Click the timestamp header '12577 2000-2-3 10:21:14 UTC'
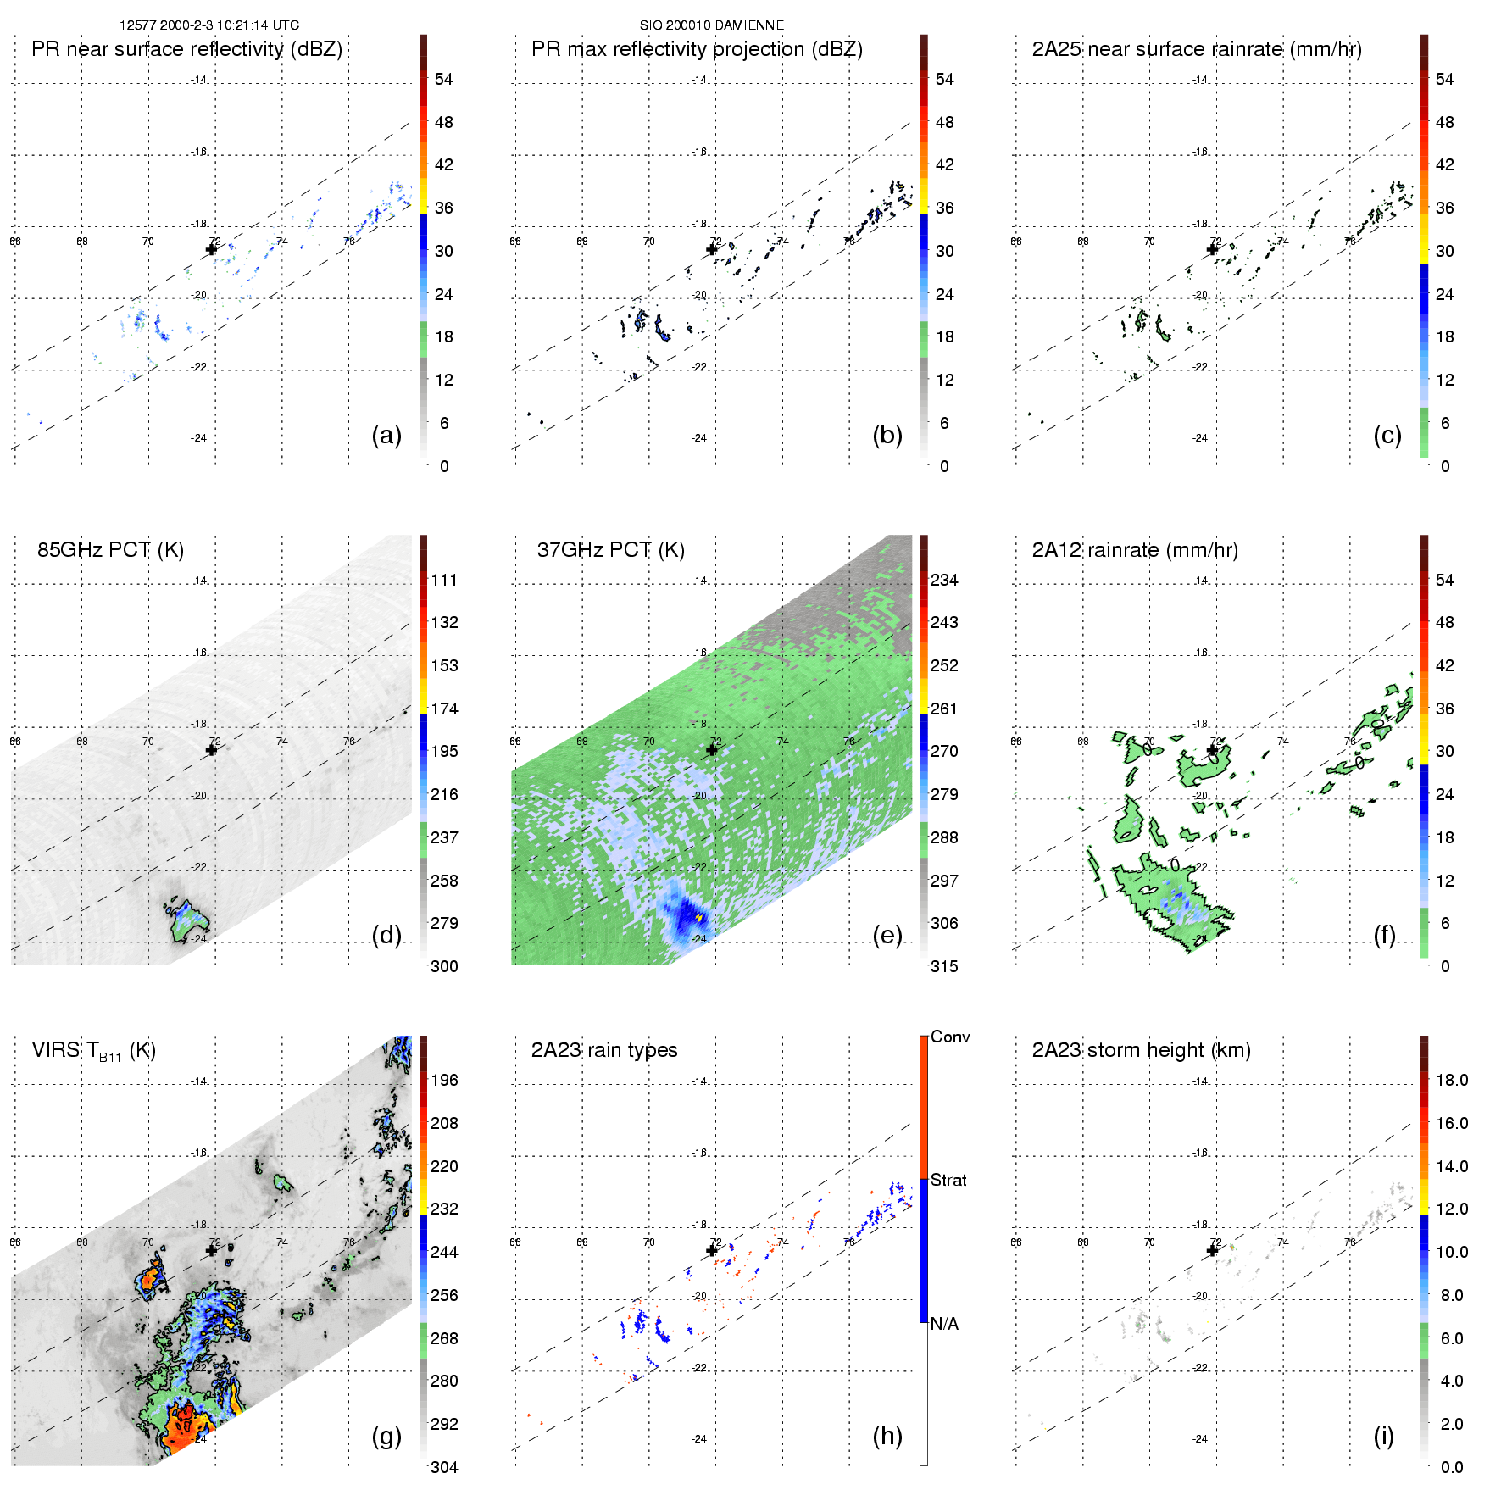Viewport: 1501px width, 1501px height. click(x=208, y=25)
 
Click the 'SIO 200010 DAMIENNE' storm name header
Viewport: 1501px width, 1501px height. click(x=711, y=25)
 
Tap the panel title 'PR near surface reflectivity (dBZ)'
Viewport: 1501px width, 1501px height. click(x=186, y=49)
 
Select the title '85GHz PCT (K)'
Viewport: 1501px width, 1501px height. click(x=110, y=550)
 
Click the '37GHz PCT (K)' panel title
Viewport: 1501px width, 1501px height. click(x=610, y=550)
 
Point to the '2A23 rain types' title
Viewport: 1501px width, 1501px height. click(x=603, y=1050)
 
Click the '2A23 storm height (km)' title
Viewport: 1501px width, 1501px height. click(x=1141, y=1050)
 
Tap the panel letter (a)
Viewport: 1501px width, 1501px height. click(x=386, y=435)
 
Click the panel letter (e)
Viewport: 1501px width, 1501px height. click(x=887, y=935)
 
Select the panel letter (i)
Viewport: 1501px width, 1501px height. click(x=1383, y=1436)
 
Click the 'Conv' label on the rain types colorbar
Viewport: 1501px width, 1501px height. click(x=949, y=1037)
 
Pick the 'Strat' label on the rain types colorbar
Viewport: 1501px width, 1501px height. click(x=948, y=1180)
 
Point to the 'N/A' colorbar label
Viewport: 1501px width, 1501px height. click(x=944, y=1324)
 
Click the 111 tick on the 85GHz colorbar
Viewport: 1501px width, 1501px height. click(x=444, y=580)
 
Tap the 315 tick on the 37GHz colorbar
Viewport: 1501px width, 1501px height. click(x=944, y=966)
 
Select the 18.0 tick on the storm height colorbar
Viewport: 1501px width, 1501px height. click(x=1451, y=1080)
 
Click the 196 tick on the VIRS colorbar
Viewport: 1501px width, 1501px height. click(x=444, y=1080)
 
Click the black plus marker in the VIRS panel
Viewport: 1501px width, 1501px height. click(x=211, y=1250)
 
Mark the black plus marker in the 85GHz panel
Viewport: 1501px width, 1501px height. click(x=211, y=750)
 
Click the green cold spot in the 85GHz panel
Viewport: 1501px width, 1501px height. click(x=187, y=920)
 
